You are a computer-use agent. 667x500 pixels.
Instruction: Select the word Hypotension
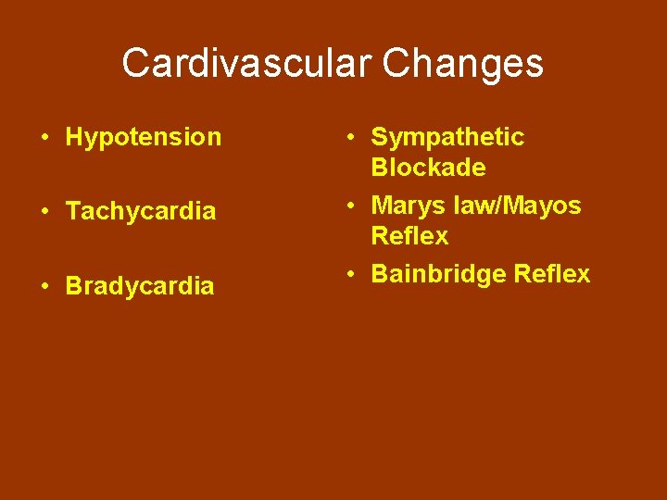tap(144, 137)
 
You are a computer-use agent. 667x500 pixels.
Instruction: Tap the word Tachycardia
tap(140, 211)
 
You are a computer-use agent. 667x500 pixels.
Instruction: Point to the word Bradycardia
tap(140, 286)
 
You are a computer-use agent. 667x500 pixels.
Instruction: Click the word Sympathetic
tap(447, 137)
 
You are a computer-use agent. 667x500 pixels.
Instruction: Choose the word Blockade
tap(428, 168)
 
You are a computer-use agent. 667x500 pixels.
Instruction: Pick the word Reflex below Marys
tap(409, 236)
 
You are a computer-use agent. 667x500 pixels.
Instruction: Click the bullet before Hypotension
tap(44, 138)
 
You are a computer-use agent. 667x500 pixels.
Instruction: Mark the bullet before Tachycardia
tap(44, 212)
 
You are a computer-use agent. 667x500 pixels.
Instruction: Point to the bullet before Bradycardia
tap(44, 286)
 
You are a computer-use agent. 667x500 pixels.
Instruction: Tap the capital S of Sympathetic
tap(380, 137)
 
